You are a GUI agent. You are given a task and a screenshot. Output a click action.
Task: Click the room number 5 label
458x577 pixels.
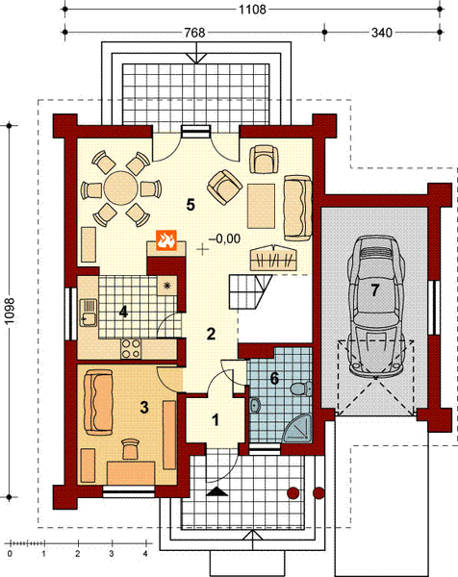191,204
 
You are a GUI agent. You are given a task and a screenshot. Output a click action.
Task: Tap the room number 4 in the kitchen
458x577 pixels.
124,311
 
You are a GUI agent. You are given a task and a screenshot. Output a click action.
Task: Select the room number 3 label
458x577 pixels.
144,407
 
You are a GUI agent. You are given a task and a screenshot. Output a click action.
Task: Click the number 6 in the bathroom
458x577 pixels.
274,379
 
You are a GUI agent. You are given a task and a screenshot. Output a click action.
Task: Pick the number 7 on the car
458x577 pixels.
376,288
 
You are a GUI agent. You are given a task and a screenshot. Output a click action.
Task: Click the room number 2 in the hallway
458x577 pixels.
209,334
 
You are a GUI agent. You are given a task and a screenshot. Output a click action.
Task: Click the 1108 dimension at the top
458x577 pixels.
253,10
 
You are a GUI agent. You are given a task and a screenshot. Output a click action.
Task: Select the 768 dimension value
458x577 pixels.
198,32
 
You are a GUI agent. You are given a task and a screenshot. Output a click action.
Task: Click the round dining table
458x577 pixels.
121,184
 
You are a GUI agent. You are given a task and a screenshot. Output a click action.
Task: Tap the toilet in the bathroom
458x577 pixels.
298,389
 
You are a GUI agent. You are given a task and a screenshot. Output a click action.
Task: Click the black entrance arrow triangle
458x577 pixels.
218,491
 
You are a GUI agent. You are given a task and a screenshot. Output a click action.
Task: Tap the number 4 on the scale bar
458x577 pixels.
145,555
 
